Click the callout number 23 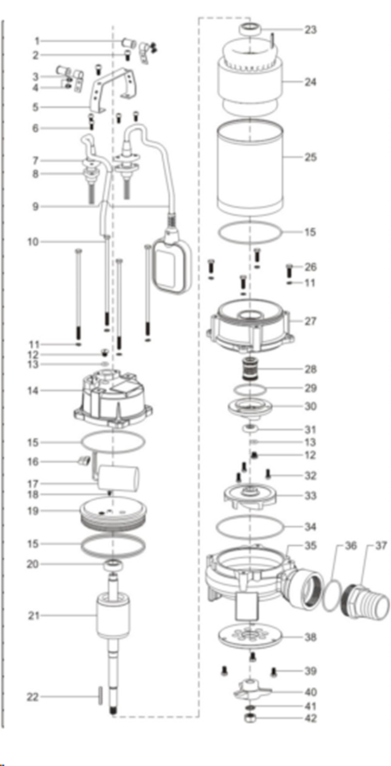[310, 30]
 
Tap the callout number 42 [310, 718]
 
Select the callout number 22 [32, 697]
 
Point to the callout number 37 [380, 546]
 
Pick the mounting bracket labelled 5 [113, 90]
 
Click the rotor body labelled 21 [113, 613]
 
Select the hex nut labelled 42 [250, 718]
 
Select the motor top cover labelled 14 [113, 398]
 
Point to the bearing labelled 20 [113, 566]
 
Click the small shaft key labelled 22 [100, 696]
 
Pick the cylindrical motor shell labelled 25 [250, 167]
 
